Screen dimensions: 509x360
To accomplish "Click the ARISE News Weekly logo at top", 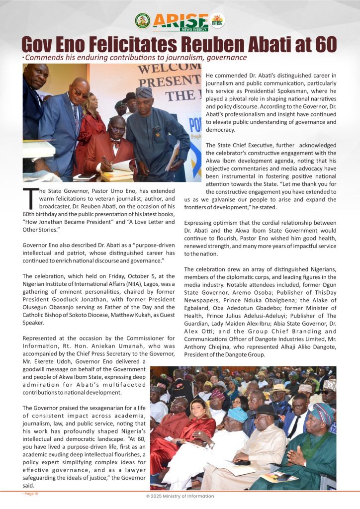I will (180, 21).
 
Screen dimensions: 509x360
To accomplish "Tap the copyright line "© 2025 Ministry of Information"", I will (180, 496).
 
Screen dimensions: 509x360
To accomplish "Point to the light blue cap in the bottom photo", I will (237, 414).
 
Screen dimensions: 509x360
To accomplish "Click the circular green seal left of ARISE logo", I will (142, 21).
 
